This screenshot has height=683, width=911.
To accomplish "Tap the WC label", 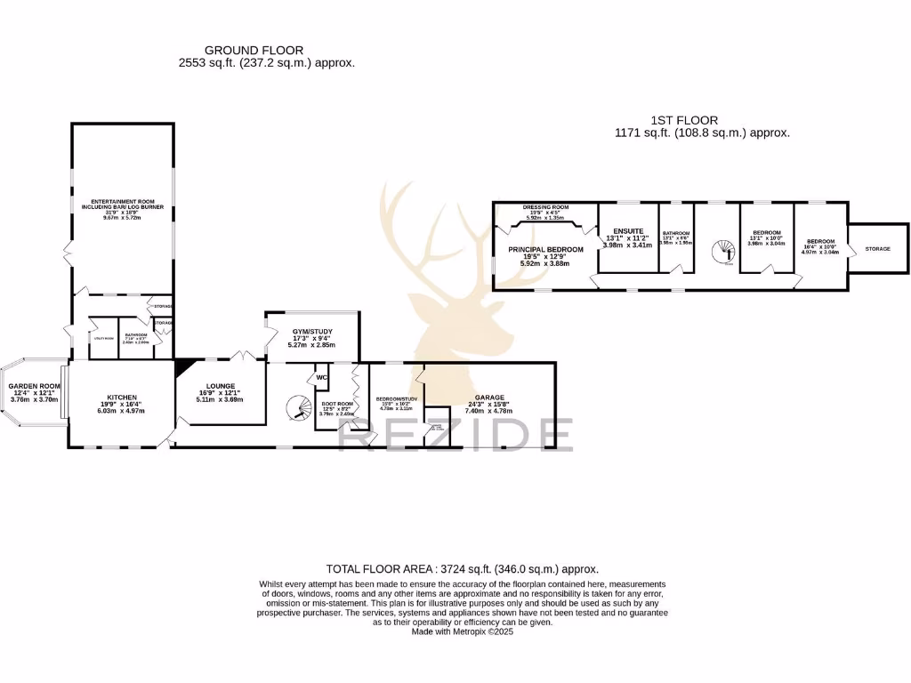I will coord(321,377).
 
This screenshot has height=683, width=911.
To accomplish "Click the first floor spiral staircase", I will coord(723,253).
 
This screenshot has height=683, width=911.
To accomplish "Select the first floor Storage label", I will coord(877,249).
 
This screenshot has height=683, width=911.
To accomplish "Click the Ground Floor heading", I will coord(254,51).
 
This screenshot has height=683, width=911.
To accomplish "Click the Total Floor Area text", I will coord(463,568).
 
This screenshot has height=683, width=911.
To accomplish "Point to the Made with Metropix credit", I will coord(463,631).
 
